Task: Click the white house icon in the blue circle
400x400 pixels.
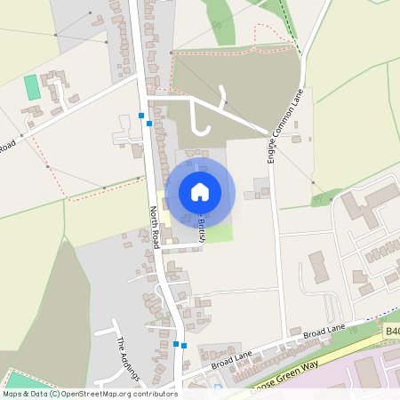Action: click(200, 191)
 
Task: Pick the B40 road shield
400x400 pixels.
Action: click(392, 331)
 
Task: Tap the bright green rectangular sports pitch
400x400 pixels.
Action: click(32, 87)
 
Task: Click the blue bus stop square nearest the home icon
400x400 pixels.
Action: click(149, 124)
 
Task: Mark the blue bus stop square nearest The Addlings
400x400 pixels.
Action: click(177, 343)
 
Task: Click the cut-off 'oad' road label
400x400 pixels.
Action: click(9, 146)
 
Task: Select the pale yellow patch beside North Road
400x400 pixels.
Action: click(165, 233)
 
